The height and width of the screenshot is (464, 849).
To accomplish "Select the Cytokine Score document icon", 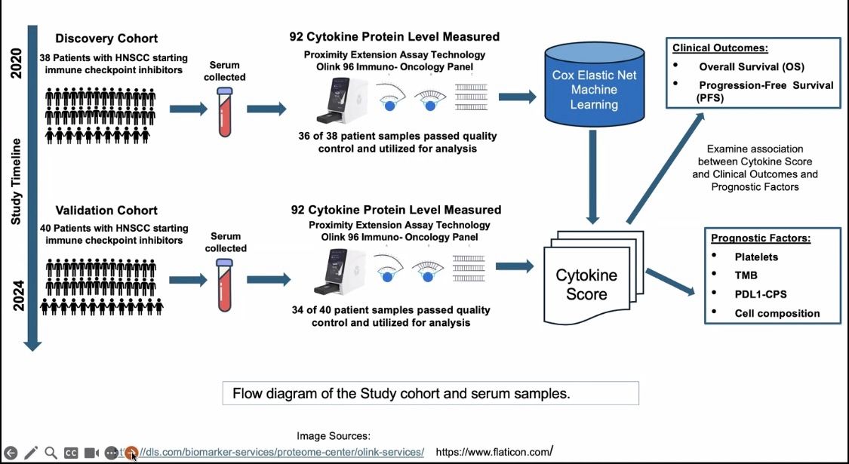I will tap(586, 284).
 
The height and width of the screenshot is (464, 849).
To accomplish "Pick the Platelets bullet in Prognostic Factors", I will tap(755, 257).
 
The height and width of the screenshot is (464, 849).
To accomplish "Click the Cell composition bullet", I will tap(777, 313).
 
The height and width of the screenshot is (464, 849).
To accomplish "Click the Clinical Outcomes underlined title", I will tap(720, 48).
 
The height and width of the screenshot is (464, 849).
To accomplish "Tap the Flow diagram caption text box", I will tap(430, 393).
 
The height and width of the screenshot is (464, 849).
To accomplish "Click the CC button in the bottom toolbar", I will tap(71, 453).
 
